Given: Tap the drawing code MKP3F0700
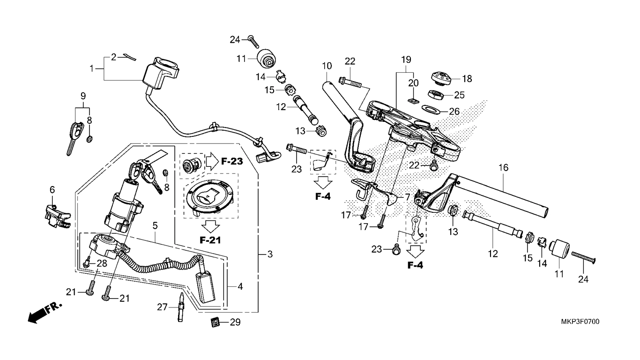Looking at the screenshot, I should pos(580,322).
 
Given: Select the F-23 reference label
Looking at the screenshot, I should pos(232,162).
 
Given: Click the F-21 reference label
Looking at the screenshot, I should pos(209,240).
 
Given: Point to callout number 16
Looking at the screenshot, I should pos(503,167).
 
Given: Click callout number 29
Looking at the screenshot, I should pos(235,322).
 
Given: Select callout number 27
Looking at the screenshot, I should pos(162,307).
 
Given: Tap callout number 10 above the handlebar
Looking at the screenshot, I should pos(327,66).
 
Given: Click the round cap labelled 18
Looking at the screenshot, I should pos(442,77).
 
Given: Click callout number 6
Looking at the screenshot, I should pos(52,189).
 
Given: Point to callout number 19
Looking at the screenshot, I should pos(406,60).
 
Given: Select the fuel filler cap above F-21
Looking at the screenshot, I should pos(209,197).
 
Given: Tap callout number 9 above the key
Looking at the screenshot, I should pos(83,96).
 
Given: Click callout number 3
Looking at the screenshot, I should pos(269,255).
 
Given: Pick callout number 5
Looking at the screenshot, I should pos(155,225).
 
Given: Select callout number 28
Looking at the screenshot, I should pos(102,263).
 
